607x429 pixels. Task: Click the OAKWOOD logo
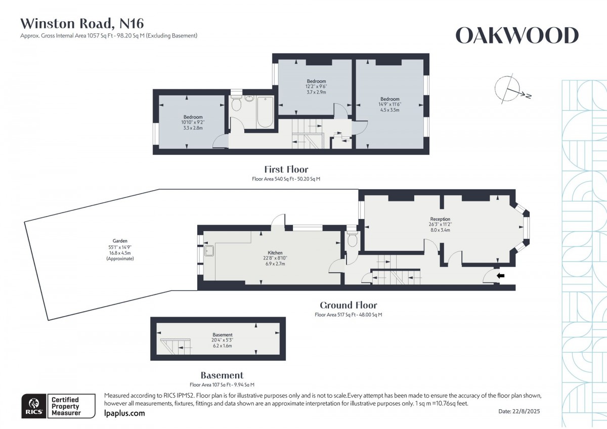point(517,35)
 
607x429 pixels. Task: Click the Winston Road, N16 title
point(82,24)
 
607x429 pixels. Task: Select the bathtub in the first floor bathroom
point(265,112)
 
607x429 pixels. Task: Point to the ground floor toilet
point(352,238)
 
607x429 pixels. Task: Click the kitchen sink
point(209,251)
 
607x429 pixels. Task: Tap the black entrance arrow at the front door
point(500,276)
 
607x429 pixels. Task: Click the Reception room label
point(440,219)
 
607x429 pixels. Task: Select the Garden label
point(120,241)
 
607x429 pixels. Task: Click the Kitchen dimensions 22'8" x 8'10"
point(275,258)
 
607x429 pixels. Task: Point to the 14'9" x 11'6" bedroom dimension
point(389,104)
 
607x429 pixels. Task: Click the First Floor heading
point(286,169)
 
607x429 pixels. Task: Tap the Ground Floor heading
point(348,305)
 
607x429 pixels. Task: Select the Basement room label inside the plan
point(223,335)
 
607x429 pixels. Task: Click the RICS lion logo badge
point(34,406)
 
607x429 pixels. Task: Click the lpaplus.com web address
point(124,413)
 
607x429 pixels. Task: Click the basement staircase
point(176,347)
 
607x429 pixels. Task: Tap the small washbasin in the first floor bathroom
point(249,98)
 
